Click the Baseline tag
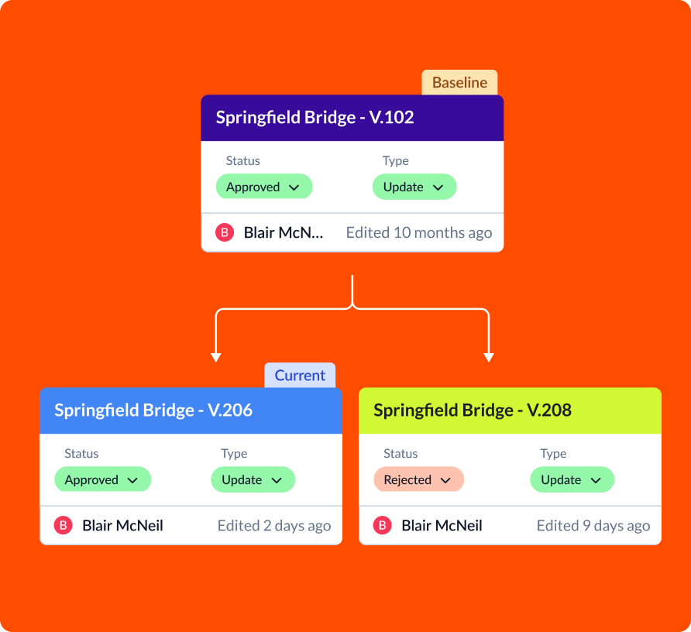click(459, 82)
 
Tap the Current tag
click(300, 376)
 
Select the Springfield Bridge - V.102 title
click(315, 117)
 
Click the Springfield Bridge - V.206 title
click(153, 410)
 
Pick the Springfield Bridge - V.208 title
click(473, 410)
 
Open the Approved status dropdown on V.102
click(264, 187)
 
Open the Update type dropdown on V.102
click(414, 187)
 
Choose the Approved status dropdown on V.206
click(103, 479)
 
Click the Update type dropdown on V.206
click(253, 479)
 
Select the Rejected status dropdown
click(418, 479)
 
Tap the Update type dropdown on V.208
click(572, 479)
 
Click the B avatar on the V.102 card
click(225, 232)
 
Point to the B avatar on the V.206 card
click(63, 525)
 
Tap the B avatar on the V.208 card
click(382, 525)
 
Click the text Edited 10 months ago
click(418, 232)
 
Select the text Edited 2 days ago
click(274, 526)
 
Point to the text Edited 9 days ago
click(593, 526)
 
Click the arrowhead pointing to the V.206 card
click(216, 357)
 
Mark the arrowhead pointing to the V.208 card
click(489, 357)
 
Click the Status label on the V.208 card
click(401, 454)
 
